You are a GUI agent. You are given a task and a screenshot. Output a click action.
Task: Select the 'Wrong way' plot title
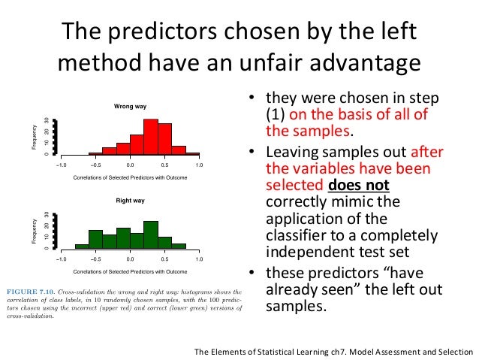point(129,106)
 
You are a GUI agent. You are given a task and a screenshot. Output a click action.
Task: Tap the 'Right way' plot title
point(129,201)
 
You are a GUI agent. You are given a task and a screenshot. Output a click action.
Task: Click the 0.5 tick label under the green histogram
point(164,259)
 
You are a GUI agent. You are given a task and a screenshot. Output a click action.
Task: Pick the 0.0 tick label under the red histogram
point(130,164)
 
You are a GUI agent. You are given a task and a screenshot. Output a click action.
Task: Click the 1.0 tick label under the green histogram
point(199,259)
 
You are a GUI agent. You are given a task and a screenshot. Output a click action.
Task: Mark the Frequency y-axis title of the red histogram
point(34,136)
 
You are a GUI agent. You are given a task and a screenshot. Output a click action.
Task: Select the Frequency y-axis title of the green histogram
point(34,231)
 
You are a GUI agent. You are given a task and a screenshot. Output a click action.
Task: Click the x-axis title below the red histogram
point(129,177)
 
